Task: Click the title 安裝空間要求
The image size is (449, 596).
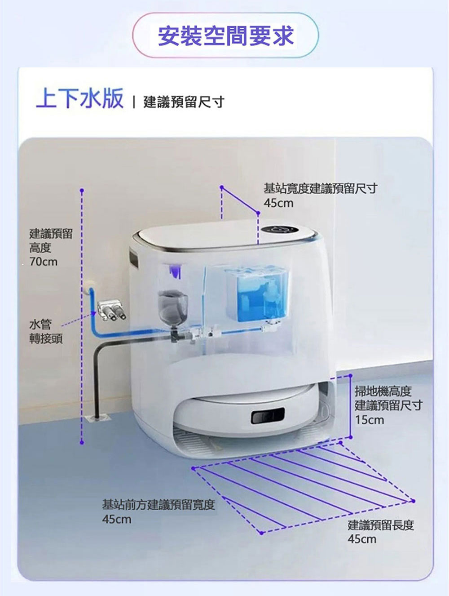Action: pos(226,36)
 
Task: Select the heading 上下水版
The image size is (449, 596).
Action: pos(80,98)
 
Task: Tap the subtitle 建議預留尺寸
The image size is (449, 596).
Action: pos(184,102)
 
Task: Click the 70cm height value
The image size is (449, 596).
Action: pos(44,262)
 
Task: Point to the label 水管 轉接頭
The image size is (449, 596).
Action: pos(46,332)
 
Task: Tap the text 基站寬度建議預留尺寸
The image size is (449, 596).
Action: pos(321,188)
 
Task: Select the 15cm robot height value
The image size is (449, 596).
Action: pos(370,420)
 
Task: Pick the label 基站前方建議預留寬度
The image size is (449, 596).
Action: pos(158,505)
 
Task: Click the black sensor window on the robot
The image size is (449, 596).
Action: pos(268,415)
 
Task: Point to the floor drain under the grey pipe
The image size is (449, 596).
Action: pos(97,418)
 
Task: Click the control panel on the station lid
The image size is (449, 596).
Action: pos(280,230)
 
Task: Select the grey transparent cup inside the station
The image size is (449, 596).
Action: pos(172,306)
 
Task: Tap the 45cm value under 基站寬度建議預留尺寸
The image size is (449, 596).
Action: pos(278,203)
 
